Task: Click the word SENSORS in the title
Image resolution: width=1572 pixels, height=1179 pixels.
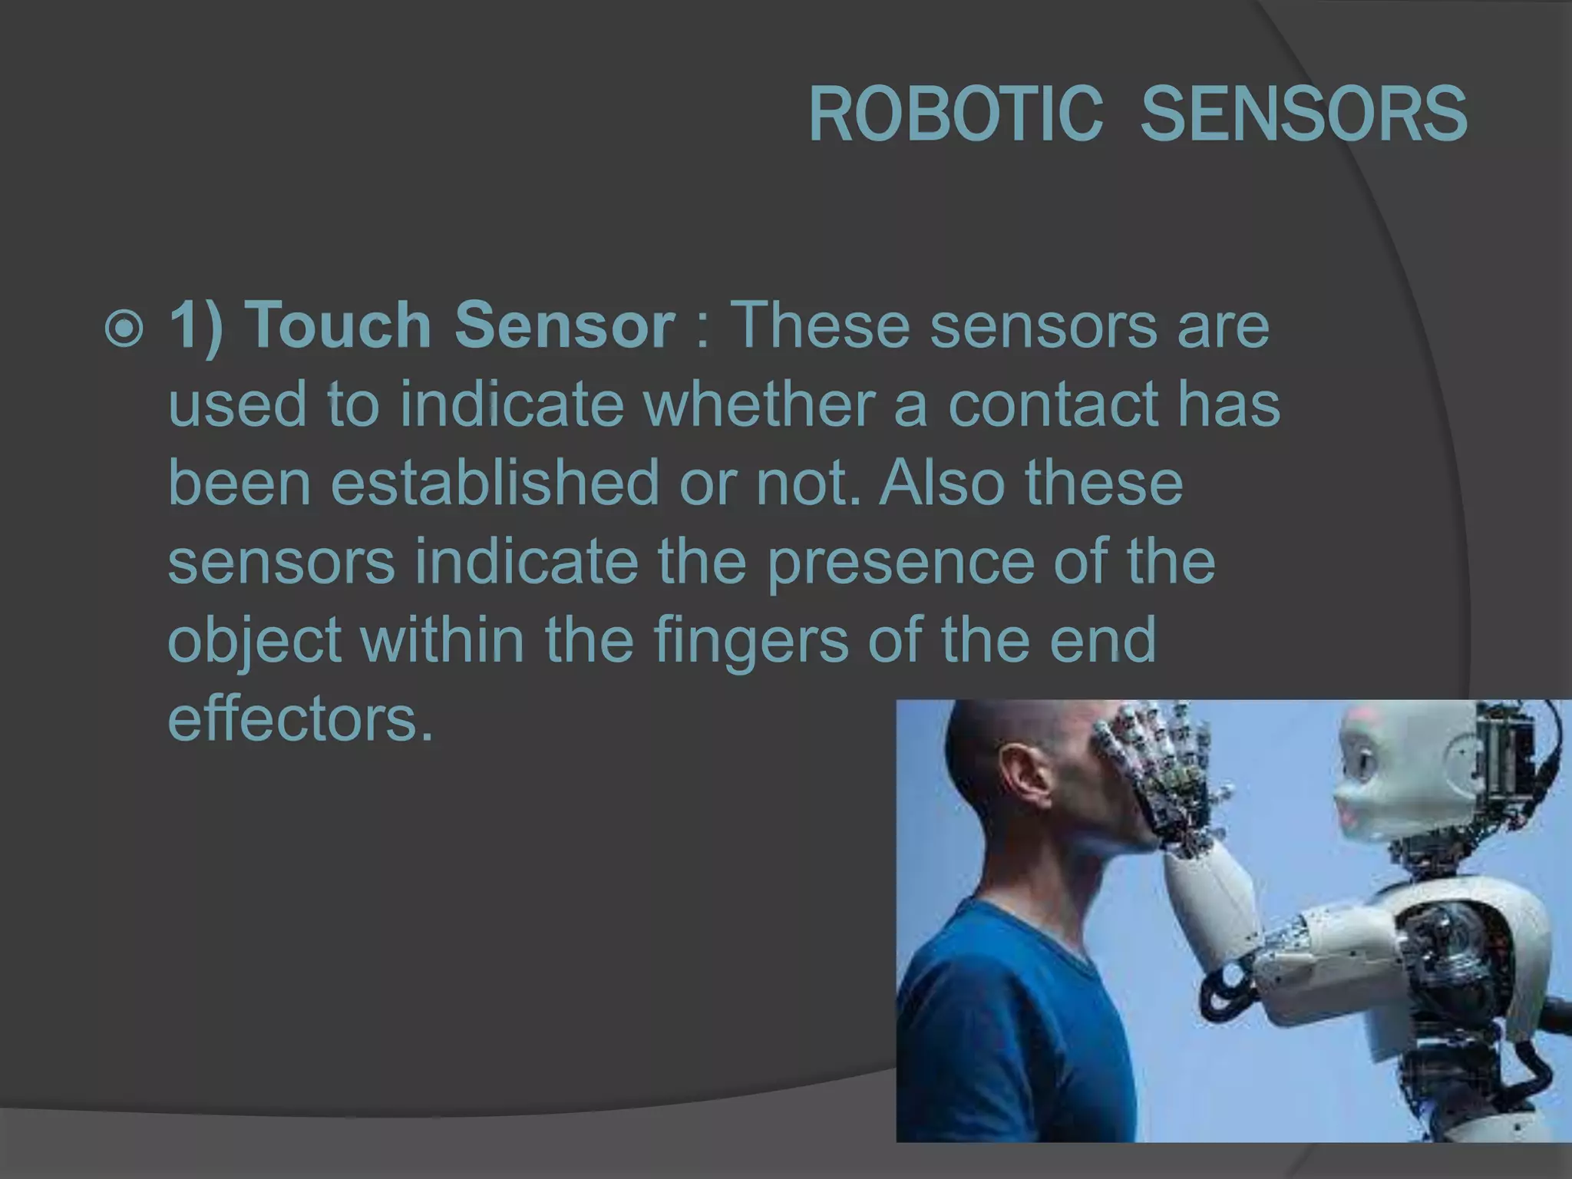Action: (x=1303, y=115)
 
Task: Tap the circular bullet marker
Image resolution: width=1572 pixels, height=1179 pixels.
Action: (x=124, y=329)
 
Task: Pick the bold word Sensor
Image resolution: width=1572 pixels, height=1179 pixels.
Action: (x=564, y=325)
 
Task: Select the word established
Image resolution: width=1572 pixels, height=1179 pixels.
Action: (x=495, y=483)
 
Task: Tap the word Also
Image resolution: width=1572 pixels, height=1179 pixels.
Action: (x=942, y=483)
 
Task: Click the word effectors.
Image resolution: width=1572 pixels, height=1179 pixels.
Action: (x=300, y=719)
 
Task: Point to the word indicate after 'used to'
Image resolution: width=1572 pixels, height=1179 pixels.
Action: (x=512, y=404)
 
